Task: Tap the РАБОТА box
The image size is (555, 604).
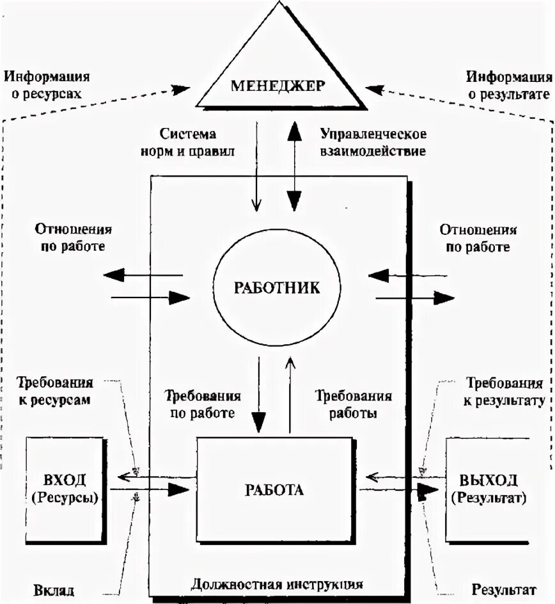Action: pos(274,490)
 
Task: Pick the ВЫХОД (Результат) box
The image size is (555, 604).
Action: pos(488,489)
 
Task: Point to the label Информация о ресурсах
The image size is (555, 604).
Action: pos(47,86)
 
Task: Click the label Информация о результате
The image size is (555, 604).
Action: pos(508,86)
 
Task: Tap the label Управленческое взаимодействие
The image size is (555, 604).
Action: pos(373,143)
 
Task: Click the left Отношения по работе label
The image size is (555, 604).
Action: pos(74,237)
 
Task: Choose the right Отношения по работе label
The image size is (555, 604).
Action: pos(478,238)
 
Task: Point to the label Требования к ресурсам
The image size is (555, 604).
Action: pos(55,391)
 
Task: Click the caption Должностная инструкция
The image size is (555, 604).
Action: pos(277,584)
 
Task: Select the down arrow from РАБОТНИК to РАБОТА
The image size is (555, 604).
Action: pos(259,394)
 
